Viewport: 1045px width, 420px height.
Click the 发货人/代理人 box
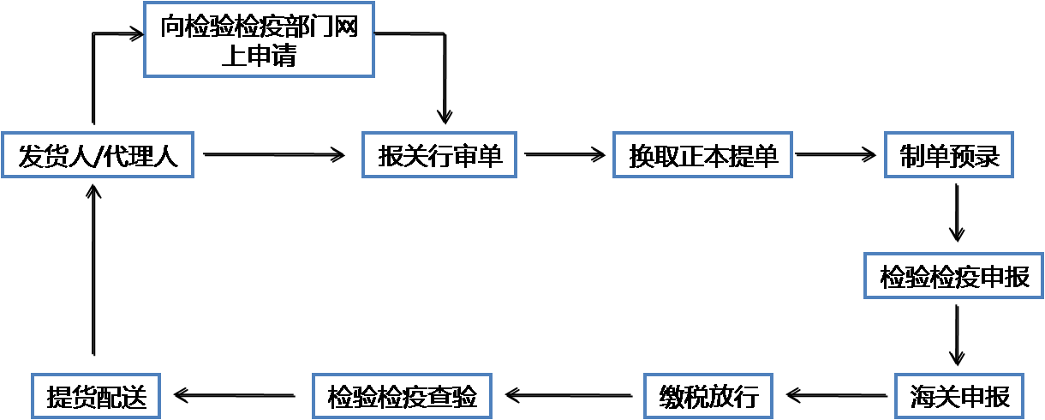[98, 155]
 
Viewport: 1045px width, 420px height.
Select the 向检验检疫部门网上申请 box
[259, 39]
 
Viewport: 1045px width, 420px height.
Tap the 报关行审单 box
[439, 155]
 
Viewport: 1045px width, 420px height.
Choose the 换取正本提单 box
[702, 155]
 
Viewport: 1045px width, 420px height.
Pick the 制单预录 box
[949, 155]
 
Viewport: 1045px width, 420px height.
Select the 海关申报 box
[959, 396]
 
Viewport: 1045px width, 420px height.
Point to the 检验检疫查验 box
[402, 396]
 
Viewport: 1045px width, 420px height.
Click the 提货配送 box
[97, 396]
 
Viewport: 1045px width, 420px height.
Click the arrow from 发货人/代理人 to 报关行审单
[274, 155]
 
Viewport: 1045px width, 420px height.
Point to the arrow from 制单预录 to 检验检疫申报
[958, 214]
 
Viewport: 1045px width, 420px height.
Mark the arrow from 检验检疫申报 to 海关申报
[958, 335]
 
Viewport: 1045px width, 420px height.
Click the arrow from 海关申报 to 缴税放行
[835, 396]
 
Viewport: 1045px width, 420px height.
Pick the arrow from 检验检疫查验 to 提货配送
[236, 396]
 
